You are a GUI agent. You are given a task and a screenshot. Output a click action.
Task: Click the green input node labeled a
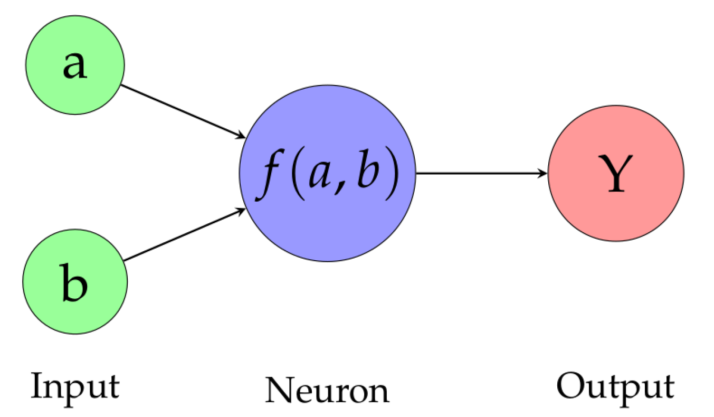pyautogui.click(x=75, y=64)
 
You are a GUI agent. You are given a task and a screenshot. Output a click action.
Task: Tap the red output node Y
pyautogui.click(x=616, y=173)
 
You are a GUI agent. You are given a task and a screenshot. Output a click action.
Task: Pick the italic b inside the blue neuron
pyautogui.click(x=365, y=173)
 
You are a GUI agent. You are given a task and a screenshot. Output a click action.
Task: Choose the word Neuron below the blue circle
pyautogui.click(x=327, y=391)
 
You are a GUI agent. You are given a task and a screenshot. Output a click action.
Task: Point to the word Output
pyautogui.click(x=615, y=386)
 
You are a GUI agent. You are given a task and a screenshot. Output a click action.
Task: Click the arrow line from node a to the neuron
pyautogui.click(x=182, y=111)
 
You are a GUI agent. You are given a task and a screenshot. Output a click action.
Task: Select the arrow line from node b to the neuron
pyautogui.click(x=185, y=234)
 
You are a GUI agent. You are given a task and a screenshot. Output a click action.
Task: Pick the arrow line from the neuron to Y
pyautogui.click(x=480, y=173)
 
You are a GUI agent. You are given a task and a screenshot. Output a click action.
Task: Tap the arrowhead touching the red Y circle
pyautogui.click(x=543, y=173)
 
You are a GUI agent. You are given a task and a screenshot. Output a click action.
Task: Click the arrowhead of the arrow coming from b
pyautogui.click(x=241, y=211)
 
